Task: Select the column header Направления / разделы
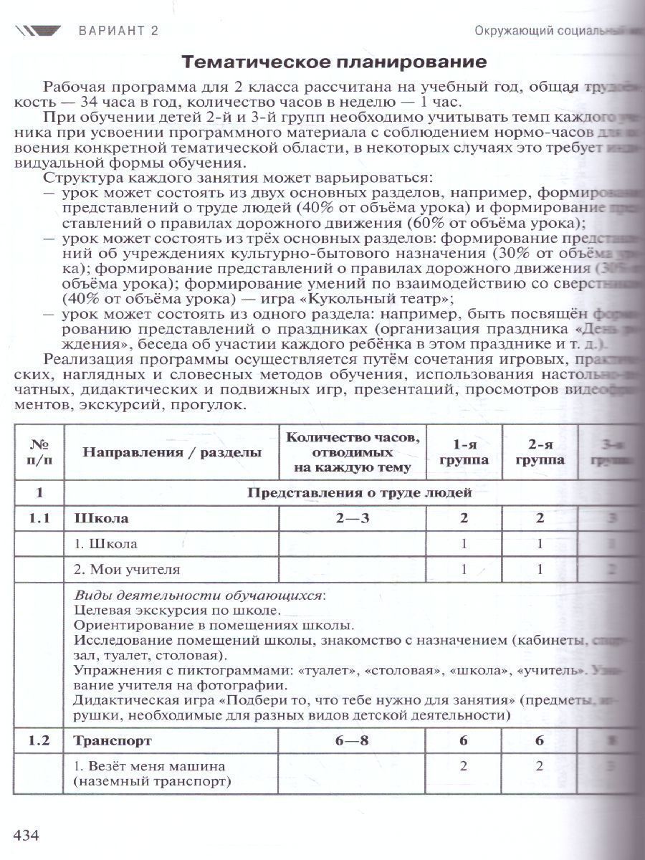click(171, 451)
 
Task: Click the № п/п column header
click(39, 451)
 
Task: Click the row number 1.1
click(39, 518)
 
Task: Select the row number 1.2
click(39, 740)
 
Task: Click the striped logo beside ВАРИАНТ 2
click(39, 30)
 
